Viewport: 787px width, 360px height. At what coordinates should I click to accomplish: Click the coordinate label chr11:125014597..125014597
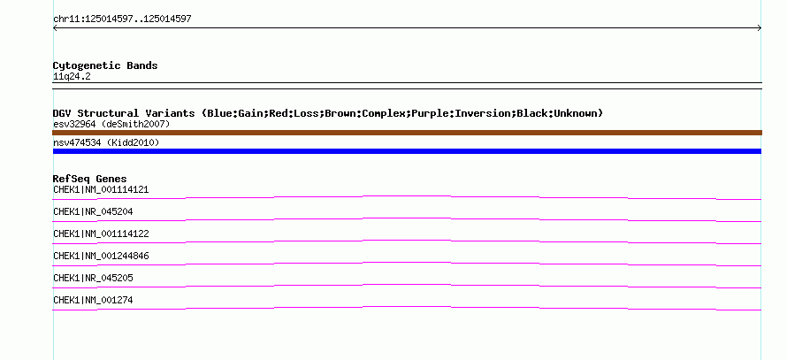(x=122, y=19)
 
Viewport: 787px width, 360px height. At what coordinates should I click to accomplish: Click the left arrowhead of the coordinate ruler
(x=55, y=28)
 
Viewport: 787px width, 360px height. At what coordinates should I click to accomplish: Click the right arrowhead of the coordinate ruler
(x=760, y=28)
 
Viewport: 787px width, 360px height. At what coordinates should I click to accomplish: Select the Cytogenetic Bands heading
(x=105, y=65)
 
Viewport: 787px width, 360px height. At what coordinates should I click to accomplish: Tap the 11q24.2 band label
(x=72, y=77)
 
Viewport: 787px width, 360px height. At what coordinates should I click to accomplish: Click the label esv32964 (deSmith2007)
(x=111, y=124)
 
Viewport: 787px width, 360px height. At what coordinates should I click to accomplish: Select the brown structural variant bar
(x=407, y=133)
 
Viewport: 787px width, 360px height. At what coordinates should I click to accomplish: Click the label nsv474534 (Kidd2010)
(x=106, y=143)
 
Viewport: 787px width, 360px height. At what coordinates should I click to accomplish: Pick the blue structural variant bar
(x=407, y=151)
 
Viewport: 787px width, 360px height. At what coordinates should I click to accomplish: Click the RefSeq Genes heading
(x=90, y=179)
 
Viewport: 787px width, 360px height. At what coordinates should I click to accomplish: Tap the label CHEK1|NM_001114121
(x=101, y=190)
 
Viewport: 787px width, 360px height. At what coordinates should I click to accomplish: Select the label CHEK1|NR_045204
(x=93, y=212)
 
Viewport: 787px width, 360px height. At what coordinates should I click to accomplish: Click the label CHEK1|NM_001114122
(x=101, y=234)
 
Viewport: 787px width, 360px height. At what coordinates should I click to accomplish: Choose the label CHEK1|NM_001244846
(x=101, y=256)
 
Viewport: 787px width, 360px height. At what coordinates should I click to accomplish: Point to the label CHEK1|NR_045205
(x=93, y=278)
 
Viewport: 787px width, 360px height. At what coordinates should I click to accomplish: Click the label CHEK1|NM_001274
(x=93, y=300)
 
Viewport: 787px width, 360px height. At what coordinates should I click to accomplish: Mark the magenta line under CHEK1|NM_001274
(x=407, y=307)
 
